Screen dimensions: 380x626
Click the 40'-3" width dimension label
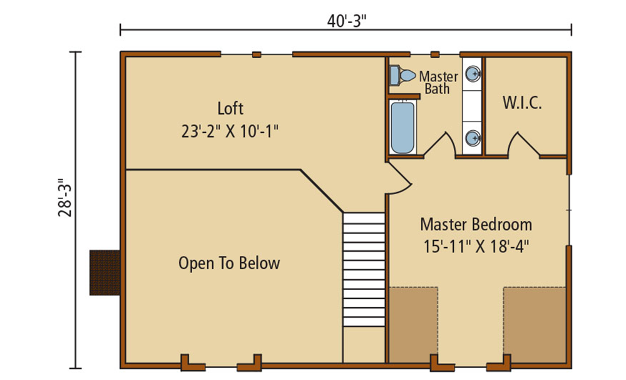click(346, 21)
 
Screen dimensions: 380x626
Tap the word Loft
click(230, 108)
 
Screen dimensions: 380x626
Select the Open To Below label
click(229, 264)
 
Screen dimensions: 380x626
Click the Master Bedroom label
click(476, 224)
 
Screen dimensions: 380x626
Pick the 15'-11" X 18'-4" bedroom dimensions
click(476, 245)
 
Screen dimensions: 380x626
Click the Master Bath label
click(438, 83)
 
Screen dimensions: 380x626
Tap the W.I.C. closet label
click(522, 103)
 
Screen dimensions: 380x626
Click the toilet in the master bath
click(401, 75)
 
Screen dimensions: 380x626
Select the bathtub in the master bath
click(403, 128)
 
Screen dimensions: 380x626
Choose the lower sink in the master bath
click(475, 137)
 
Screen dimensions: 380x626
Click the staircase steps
click(364, 269)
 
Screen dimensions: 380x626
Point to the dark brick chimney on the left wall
click(105, 272)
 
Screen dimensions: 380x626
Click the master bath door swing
click(441, 144)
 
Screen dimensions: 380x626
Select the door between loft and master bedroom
click(398, 180)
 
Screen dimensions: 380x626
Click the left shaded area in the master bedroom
click(413, 324)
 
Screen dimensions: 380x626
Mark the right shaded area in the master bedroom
click(535, 324)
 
